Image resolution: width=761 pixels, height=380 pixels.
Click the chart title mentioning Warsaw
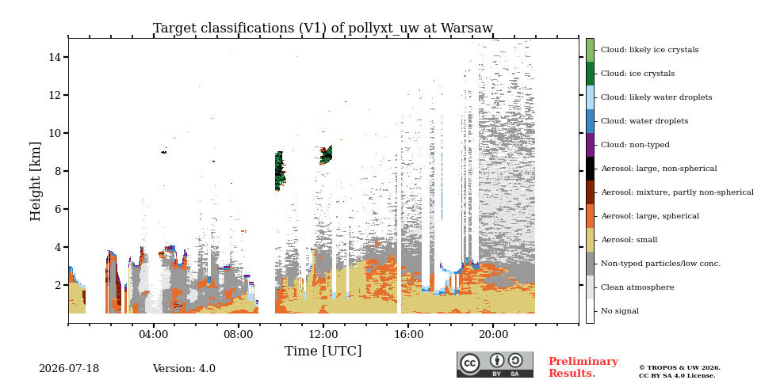323,28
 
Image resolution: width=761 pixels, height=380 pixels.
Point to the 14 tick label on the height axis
54,57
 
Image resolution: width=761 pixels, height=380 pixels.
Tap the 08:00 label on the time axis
239,334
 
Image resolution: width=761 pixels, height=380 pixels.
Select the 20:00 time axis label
494,334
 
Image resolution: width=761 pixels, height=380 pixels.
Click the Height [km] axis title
36,181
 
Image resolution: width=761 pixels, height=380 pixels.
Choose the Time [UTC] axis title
323,351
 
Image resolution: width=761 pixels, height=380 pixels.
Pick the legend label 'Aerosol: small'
629,240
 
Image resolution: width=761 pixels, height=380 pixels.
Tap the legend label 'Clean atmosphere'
637,287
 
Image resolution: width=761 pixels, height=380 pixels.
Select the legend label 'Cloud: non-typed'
635,145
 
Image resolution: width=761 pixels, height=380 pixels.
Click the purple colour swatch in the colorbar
590,145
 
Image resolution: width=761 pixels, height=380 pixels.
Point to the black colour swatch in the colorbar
590,169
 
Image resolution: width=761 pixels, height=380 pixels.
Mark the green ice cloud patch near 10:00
280,171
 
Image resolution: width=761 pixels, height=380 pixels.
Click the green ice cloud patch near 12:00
326,155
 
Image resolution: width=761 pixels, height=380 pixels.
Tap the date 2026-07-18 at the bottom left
69,369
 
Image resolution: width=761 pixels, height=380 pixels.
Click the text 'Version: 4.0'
184,369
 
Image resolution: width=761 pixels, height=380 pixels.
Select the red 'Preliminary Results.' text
583,367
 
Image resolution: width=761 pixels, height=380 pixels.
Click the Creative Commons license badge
495,364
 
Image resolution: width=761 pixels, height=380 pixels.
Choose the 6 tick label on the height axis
57,209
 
